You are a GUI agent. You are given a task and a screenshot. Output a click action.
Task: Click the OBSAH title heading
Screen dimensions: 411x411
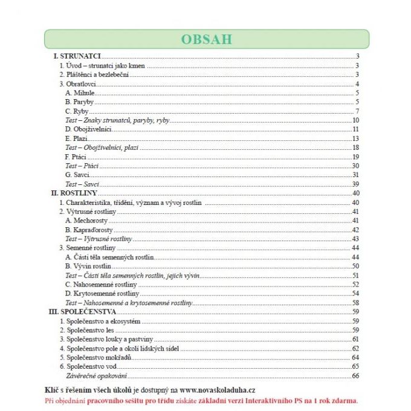205,39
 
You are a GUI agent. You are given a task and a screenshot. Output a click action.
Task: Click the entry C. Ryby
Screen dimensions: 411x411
76,111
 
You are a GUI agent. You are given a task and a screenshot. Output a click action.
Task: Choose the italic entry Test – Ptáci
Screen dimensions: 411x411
82,166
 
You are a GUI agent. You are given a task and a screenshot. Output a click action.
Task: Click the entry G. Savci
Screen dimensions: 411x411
77,175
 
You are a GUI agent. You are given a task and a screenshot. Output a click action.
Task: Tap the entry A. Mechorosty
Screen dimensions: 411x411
86,221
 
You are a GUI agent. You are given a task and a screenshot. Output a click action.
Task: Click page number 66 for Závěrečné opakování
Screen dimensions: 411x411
355,376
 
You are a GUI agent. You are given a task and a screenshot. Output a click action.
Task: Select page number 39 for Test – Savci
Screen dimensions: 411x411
356,184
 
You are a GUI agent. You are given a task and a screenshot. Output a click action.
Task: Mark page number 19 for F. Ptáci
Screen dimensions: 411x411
356,157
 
